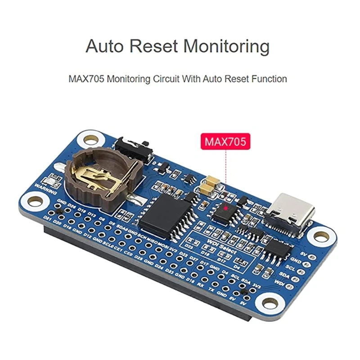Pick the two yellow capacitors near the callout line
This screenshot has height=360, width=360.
(210, 185)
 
